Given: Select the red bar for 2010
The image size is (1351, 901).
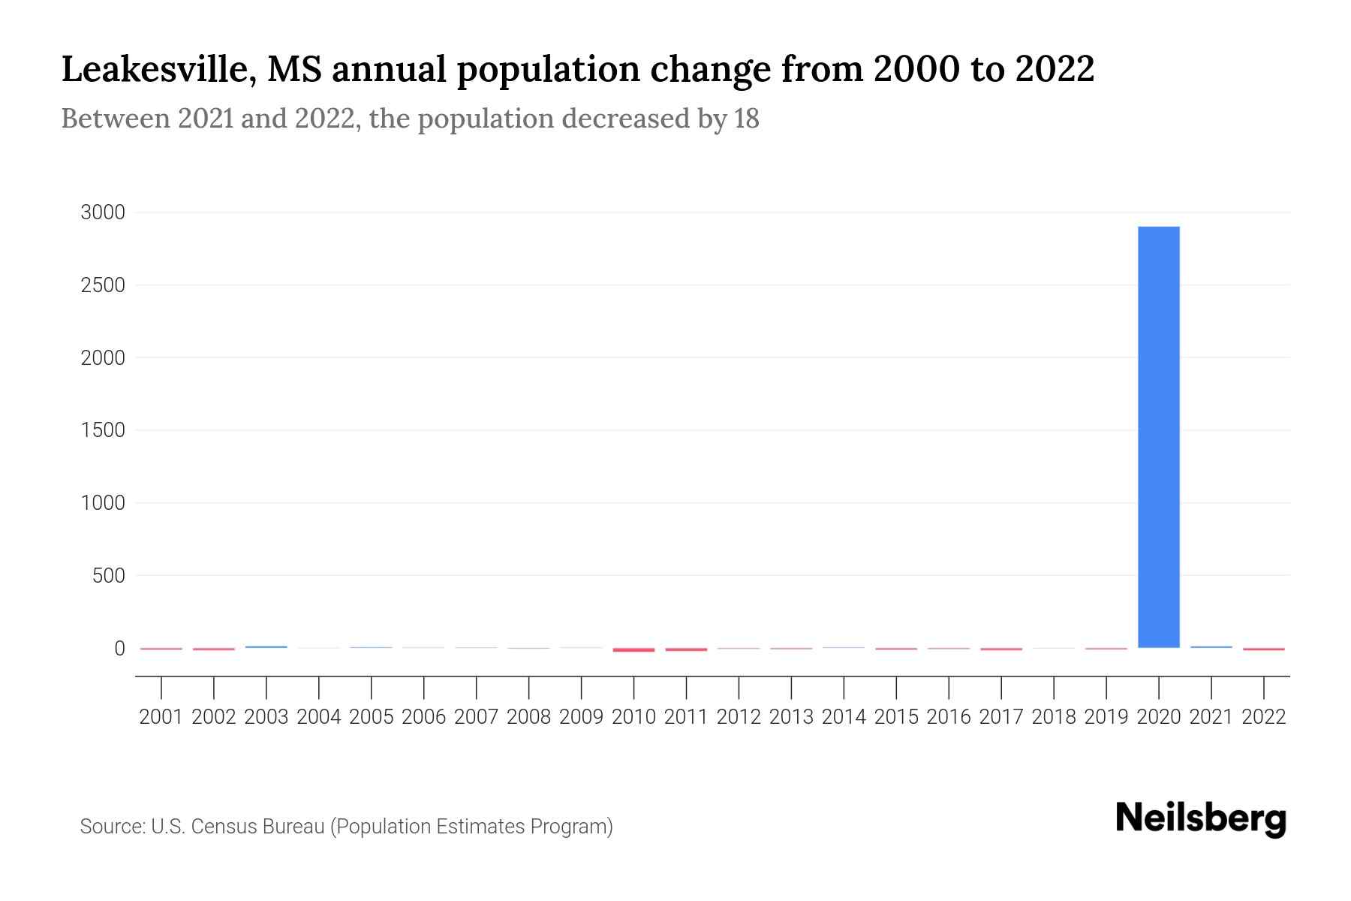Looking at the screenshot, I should point(633,649).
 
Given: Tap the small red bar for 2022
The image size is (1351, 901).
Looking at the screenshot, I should point(1264,649).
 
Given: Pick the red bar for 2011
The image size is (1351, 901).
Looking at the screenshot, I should point(686,649).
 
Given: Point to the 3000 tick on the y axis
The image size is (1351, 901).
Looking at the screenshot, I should point(103,212).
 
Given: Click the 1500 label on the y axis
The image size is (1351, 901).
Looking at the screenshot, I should point(103,430).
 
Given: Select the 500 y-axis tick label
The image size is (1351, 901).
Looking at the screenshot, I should point(108,576).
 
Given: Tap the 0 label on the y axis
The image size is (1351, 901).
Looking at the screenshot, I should point(119,648).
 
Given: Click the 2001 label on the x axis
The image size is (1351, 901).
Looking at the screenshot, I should point(161,717).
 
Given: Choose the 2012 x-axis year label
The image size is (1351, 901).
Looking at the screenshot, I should point(739,717).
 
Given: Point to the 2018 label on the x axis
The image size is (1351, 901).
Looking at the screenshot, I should point(1054,717).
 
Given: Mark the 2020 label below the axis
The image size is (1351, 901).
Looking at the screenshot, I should point(1159,717).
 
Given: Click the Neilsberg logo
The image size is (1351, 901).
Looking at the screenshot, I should point(1201,818).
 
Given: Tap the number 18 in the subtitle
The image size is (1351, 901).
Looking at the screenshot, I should point(747,119).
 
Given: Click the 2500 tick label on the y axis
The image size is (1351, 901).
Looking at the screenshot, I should point(103,285).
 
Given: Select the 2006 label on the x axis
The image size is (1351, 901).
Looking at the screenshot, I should point(423,717).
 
